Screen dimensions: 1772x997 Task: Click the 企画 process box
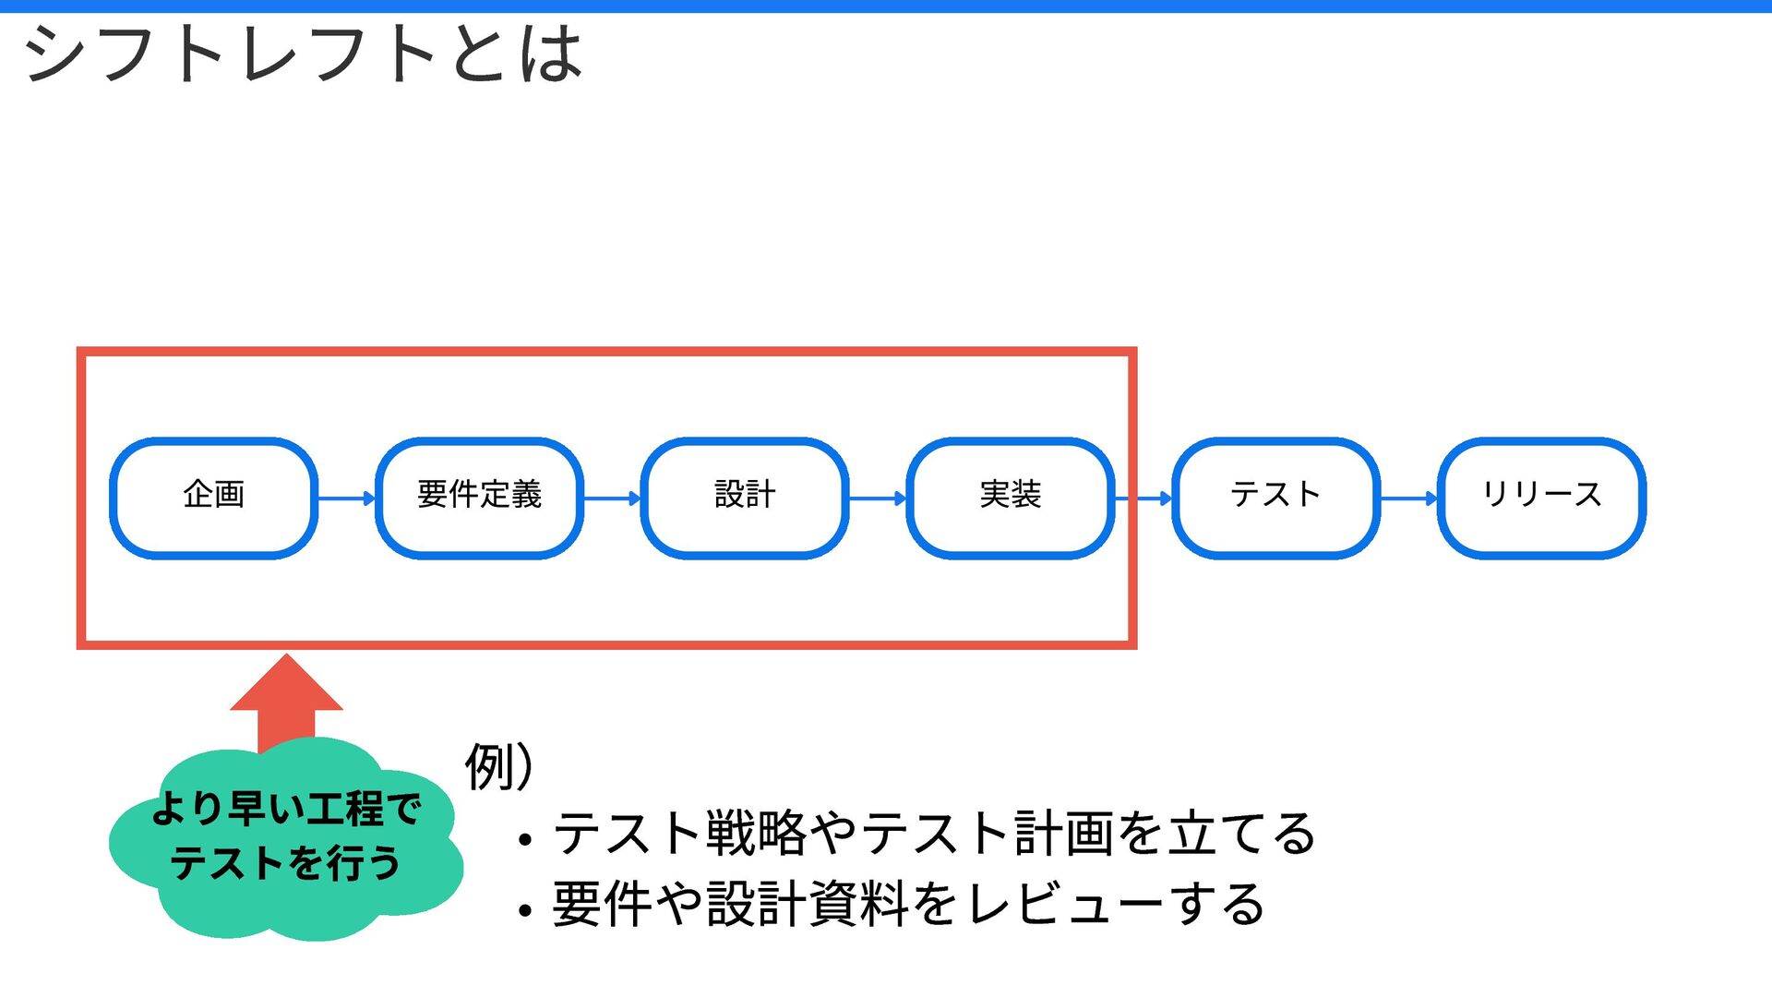coord(213,498)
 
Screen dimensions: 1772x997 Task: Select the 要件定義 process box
coord(479,498)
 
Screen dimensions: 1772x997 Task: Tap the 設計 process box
coord(745,498)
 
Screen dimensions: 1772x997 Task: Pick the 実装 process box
coord(1011,498)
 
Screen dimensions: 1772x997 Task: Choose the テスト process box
coord(1275,498)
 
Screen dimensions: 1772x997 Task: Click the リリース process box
coord(1541,498)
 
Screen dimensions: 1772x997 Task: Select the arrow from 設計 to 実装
coord(878,498)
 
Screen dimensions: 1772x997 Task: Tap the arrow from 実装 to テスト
coord(1143,498)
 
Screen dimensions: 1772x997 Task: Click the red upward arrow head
coord(286,685)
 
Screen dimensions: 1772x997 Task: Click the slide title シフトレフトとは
coord(303,54)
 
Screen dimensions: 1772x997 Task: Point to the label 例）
coord(499,766)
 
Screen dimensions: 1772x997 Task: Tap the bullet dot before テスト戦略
coord(525,840)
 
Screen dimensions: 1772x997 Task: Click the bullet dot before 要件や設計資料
coord(525,911)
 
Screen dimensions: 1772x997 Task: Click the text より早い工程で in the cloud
coord(286,809)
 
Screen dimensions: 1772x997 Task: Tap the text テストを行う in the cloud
coord(286,863)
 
